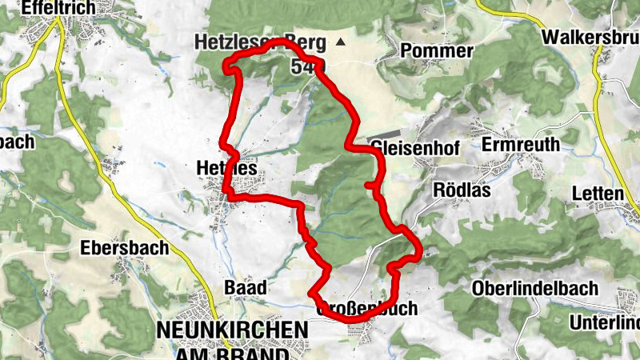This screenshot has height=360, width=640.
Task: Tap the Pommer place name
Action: coord(436,51)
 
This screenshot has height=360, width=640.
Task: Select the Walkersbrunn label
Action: coord(590,38)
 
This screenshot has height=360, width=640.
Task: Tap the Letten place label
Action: coord(598,194)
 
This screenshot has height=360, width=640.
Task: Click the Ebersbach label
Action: coord(125,247)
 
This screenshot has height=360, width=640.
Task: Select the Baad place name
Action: coord(245,287)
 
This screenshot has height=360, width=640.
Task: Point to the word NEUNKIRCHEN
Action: coord(232,329)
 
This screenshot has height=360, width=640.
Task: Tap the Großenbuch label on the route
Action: coord(367,308)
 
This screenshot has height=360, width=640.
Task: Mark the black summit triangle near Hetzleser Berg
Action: coord(342,42)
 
